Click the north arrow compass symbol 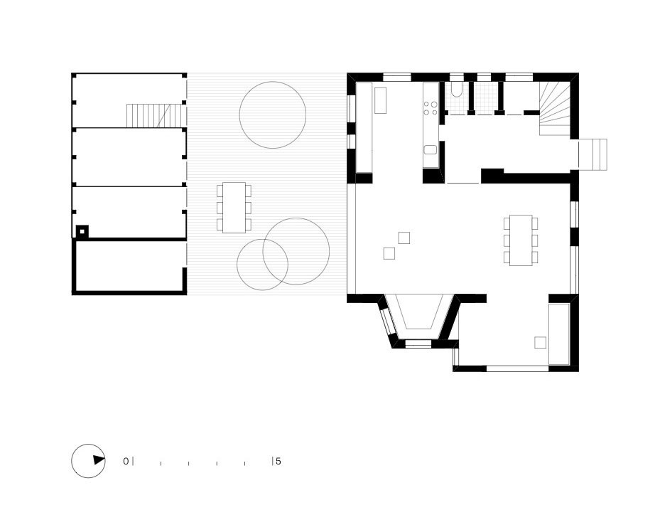coord(88,461)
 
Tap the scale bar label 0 coord(126,462)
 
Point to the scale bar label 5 coord(278,462)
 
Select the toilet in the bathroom coord(457,90)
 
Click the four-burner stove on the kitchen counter coord(431,107)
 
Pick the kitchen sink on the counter coord(431,149)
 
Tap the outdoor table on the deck coord(234,207)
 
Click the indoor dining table coord(521,240)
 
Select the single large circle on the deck coord(273,115)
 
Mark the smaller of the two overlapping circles coord(262,265)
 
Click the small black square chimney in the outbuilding coord(83,231)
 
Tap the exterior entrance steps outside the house coord(594,154)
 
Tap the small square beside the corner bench coord(541,343)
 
